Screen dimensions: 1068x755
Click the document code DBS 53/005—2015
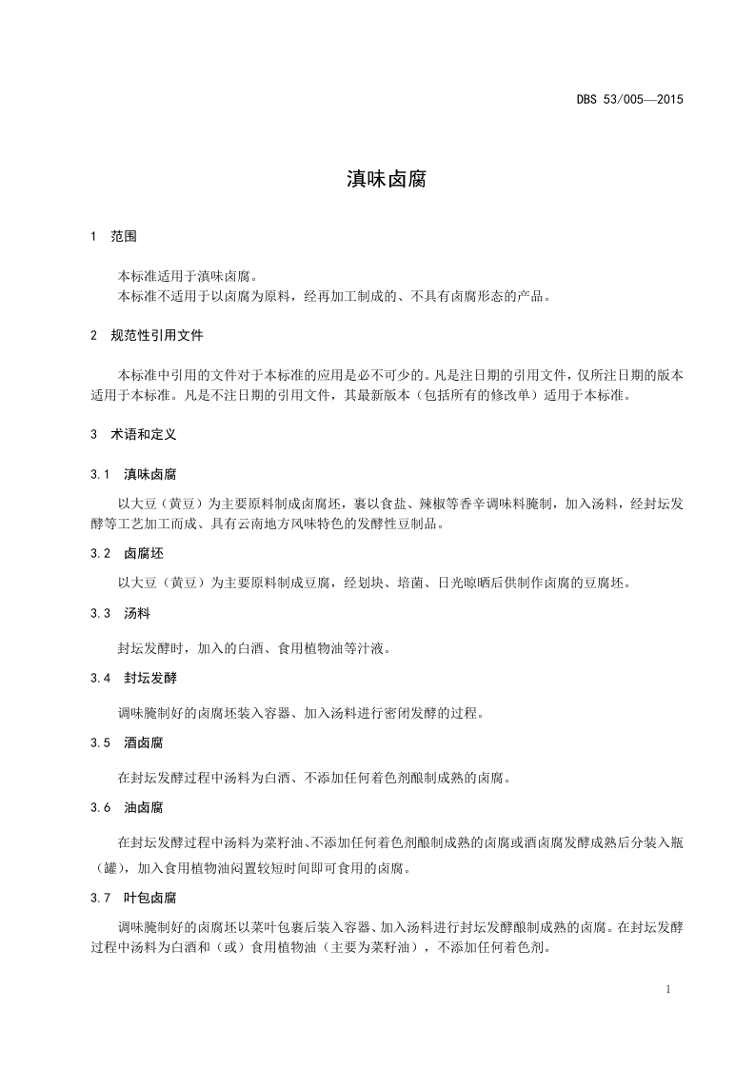(x=629, y=99)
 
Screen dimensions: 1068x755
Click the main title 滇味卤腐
(x=377, y=178)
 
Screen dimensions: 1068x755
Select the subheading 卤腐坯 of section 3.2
(x=144, y=553)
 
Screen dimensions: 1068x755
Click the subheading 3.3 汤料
(x=119, y=613)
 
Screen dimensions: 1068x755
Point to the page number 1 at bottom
(x=670, y=989)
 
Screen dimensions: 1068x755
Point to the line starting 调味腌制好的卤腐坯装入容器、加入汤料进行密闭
(x=300, y=713)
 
